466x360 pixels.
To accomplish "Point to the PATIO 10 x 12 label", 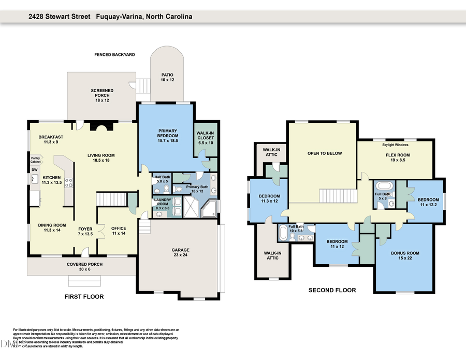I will [x=167, y=78].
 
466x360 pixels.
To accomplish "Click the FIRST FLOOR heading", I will [x=84, y=297].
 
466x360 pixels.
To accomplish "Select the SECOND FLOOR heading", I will [x=332, y=290].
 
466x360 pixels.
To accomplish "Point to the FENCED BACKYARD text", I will [x=114, y=54].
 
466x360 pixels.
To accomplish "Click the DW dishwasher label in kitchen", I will [x=35, y=170].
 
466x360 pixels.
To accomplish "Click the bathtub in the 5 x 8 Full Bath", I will [x=384, y=185].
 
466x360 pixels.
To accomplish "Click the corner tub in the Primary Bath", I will [x=209, y=210].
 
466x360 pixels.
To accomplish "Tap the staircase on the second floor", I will [x=338, y=196].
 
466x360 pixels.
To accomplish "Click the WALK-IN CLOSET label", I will [x=205, y=136].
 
